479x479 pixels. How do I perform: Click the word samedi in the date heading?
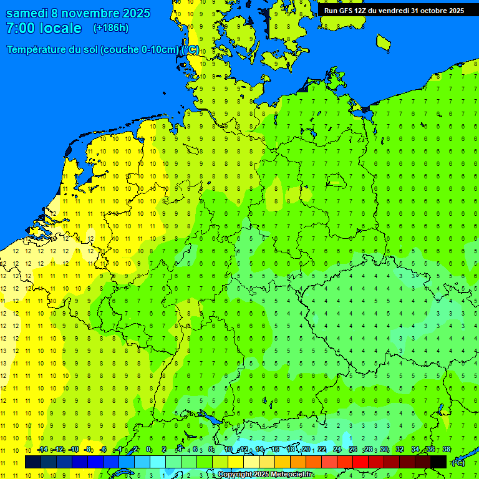pyautogui.click(x=28, y=13)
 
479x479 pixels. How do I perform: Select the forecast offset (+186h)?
pyautogui.click(x=110, y=28)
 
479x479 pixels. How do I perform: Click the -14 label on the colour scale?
pyautogui.click(x=42, y=450)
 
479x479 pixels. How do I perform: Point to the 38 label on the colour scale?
pyautogui.click(x=447, y=450)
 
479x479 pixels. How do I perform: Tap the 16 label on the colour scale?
pyautogui.click(x=275, y=450)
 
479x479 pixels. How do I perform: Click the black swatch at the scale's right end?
pyautogui.click(x=438, y=462)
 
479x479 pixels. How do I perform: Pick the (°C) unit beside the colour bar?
pyautogui.click(x=458, y=462)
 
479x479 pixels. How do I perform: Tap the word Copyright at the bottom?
pyautogui.click(x=236, y=475)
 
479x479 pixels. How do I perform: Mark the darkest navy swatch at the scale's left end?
pyautogui.click(x=33, y=462)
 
